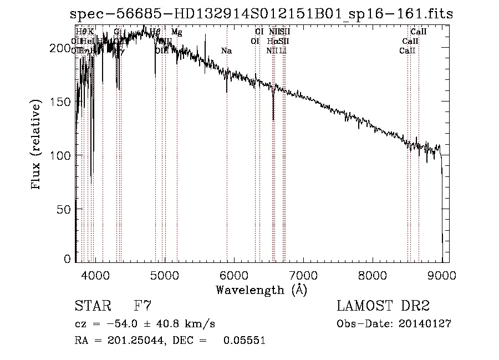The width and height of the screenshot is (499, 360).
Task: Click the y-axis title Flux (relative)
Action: pos(37,145)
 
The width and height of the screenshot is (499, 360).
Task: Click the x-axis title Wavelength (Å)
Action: pos(261,290)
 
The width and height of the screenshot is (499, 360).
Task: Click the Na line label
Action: pos(226,51)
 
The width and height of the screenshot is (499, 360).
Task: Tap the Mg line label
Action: pos(176,32)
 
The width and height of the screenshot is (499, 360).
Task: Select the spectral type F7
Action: pos(143,306)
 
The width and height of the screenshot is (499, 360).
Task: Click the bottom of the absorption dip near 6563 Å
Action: pos(273,119)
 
